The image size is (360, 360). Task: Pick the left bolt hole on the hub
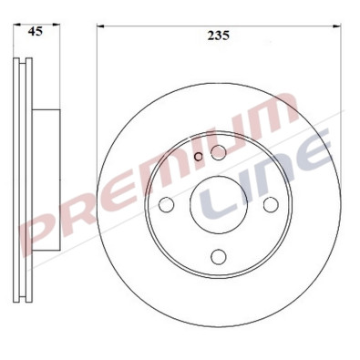click(x=167, y=205)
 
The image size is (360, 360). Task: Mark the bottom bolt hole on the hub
click(x=218, y=256)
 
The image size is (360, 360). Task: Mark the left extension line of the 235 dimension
click(x=97, y=91)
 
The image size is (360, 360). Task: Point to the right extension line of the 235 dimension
click(x=340, y=91)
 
